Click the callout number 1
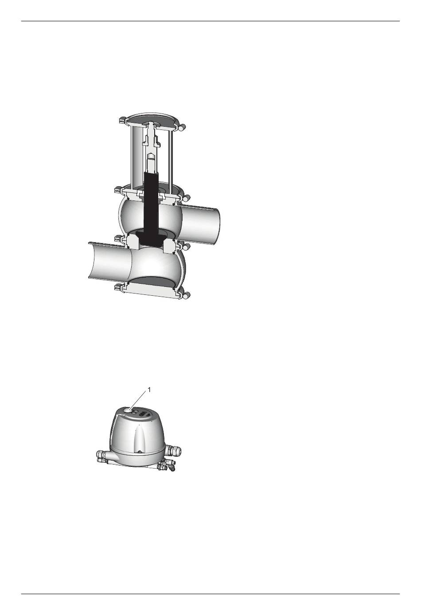[x=149, y=390]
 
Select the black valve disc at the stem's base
[x=151, y=237]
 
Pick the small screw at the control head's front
[x=140, y=452]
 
